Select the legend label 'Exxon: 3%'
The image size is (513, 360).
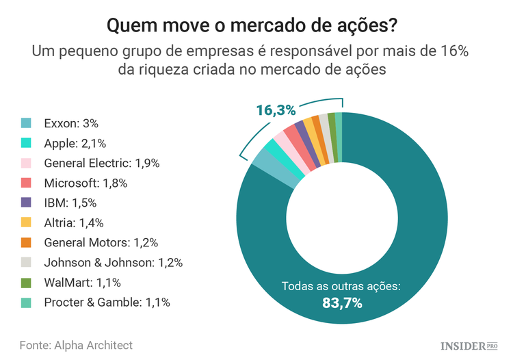click(71, 123)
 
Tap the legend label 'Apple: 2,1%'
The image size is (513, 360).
click(75, 143)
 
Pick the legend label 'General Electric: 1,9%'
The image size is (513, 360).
click(101, 163)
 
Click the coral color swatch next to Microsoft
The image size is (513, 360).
click(26, 183)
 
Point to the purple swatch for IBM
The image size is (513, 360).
click(26, 203)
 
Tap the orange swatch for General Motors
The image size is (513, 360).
click(26, 242)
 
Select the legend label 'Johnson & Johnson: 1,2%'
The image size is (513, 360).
click(113, 262)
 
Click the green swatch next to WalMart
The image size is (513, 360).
click(26, 282)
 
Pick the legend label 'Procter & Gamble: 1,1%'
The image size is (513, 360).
click(107, 302)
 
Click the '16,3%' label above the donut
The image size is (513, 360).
click(276, 110)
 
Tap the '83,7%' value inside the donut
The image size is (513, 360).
click(342, 303)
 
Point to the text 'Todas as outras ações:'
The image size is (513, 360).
click(341, 285)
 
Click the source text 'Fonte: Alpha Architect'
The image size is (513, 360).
click(76, 344)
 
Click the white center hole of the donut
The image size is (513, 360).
click(341, 220)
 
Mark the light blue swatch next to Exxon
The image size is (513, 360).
click(26, 123)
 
